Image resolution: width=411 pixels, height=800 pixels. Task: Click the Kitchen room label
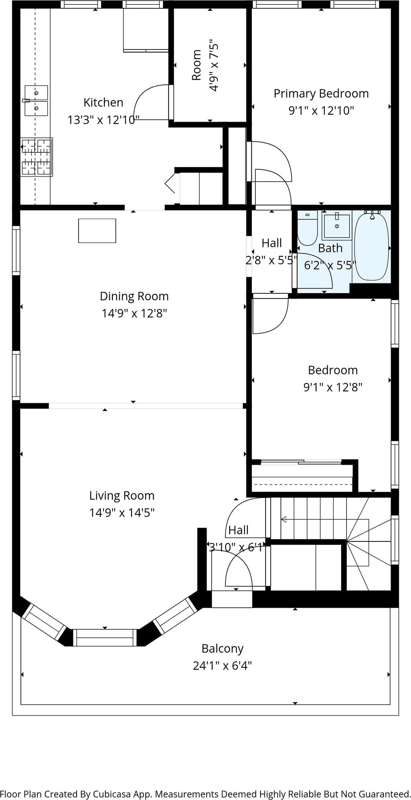click(103, 103)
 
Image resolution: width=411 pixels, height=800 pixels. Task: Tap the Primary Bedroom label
click(321, 94)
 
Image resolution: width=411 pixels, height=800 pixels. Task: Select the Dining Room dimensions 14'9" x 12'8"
click(134, 313)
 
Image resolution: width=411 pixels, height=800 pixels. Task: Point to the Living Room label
click(122, 496)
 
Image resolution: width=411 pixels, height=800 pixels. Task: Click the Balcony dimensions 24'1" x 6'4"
click(222, 665)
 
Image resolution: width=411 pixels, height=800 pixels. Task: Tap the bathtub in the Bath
click(371, 247)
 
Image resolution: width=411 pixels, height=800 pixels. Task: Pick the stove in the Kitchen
click(36, 157)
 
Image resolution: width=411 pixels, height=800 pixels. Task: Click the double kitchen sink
click(36, 101)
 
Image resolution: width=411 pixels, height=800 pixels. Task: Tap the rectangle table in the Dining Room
click(97, 231)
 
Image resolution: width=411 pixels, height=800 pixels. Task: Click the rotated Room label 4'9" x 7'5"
click(205, 65)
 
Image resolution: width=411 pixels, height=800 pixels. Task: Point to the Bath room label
click(330, 248)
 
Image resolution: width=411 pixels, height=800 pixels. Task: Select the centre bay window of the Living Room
click(105, 637)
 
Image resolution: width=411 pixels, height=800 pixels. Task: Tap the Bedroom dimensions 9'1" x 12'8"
click(333, 387)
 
